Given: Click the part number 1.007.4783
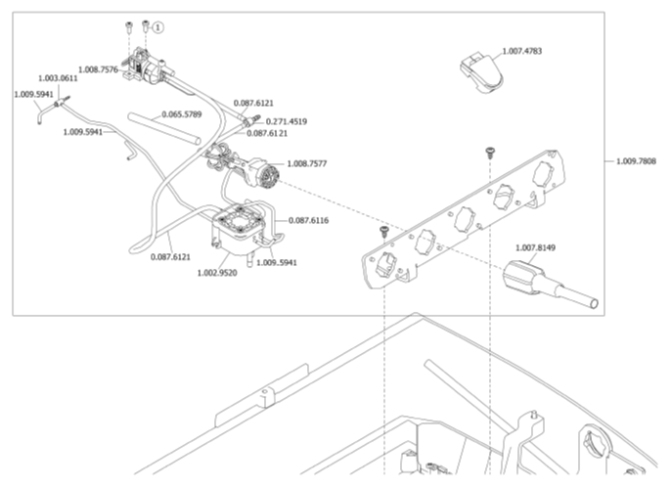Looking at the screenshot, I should pyautogui.click(x=524, y=51).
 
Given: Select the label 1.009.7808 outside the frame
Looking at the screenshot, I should pyautogui.click(x=637, y=160).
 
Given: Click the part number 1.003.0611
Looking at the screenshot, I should pyautogui.click(x=59, y=78).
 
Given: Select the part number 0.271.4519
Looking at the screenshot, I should pyautogui.click(x=287, y=121).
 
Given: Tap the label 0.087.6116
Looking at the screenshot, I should pyautogui.click(x=308, y=220).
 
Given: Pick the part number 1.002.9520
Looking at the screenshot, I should pyautogui.click(x=219, y=273).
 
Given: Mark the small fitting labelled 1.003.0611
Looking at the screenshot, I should pyautogui.click(x=63, y=97).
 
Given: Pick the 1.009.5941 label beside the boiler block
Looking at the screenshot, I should pyautogui.click(x=277, y=262).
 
